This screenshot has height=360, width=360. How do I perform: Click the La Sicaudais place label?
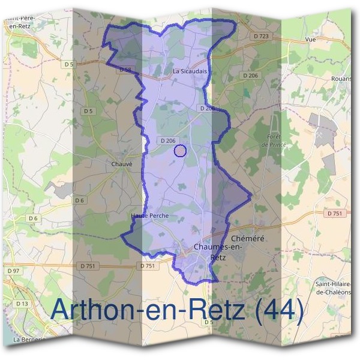coord(190,70)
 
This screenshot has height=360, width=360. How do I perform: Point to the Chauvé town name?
coord(122,163)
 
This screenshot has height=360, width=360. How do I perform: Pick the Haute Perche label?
coord(149,215)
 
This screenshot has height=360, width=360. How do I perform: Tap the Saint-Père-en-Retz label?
coord(22,22)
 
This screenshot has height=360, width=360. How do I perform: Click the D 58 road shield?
coord(125,70)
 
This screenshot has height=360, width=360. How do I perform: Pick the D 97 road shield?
coord(13,271)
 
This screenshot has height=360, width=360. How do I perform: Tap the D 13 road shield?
coord(22,304)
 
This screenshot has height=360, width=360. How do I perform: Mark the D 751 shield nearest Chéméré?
coord(335,213)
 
